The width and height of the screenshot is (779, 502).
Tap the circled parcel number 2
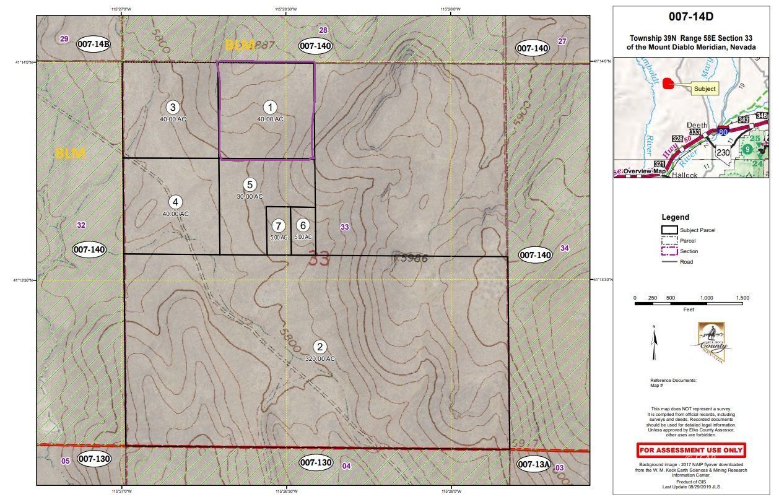[x=320, y=347]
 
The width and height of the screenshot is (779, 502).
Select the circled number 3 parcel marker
[x=173, y=107]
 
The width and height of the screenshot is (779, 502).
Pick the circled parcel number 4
[x=176, y=202]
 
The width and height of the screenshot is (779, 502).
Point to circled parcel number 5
[x=250, y=184]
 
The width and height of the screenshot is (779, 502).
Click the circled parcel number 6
[x=303, y=226]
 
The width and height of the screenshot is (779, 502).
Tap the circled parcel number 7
[x=279, y=226]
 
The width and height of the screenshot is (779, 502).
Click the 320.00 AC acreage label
[x=320, y=358]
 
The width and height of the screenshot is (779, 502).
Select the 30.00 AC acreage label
[x=250, y=196]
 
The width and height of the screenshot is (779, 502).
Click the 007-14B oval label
[x=94, y=44]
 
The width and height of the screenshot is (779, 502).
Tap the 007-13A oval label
[x=534, y=464]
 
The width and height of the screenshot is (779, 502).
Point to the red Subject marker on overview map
[x=668, y=84]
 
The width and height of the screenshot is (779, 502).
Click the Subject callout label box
[x=704, y=89]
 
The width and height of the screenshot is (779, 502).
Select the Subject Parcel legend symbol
[x=669, y=230]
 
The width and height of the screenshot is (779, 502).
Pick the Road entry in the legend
[x=686, y=262]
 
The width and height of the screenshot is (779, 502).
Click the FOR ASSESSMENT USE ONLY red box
[x=690, y=450]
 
